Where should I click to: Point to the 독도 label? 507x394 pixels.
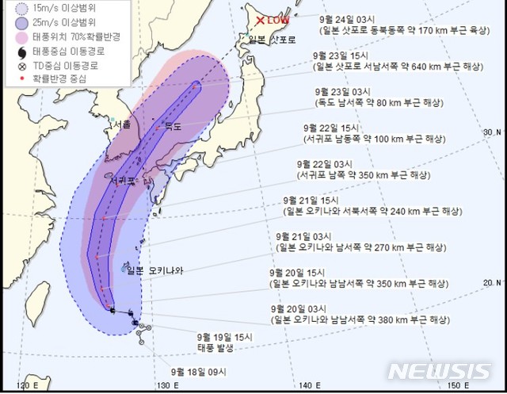(x=173, y=126)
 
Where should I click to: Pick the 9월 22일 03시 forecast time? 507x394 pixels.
(x=320, y=163)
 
